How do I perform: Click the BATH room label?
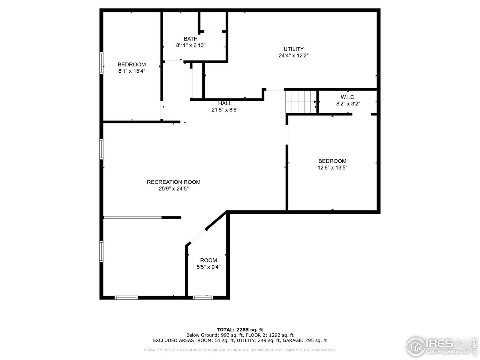tap(190, 39)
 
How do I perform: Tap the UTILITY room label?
tap(293, 49)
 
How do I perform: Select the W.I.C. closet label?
tap(348, 97)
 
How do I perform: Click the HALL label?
tap(225, 103)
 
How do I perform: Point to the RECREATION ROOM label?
tap(174, 182)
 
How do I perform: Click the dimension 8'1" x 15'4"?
tap(132, 71)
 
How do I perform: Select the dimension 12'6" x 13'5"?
tap(332, 168)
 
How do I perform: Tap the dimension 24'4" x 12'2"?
tap(293, 55)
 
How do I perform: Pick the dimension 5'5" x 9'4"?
tap(208, 267)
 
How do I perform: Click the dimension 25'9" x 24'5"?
tap(174, 189)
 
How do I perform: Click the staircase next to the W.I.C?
tap(300, 101)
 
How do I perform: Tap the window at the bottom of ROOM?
tap(202, 297)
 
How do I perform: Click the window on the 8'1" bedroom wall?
tap(101, 63)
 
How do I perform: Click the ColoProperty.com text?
tap(448, 352)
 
